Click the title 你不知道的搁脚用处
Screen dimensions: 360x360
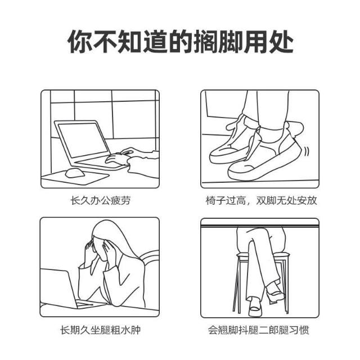(x=180, y=41)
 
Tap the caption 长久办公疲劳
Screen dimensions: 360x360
(x=100, y=200)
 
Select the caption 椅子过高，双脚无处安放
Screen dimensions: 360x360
(x=261, y=200)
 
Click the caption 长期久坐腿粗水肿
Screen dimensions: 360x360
(x=100, y=330)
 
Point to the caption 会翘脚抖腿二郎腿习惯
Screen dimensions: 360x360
(x=259, y=330)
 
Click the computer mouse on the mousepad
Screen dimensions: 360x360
(x=75, y=173)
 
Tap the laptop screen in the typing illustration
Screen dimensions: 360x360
(x=83, y=140)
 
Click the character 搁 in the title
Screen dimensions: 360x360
(x=205, y=42)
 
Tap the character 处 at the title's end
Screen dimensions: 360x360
(x=281, y=42)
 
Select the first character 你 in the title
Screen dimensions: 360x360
(x=80, y=42)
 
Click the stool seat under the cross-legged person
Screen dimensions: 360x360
(x=263, y=255)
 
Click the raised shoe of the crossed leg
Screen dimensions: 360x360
(x=275, y=292)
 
